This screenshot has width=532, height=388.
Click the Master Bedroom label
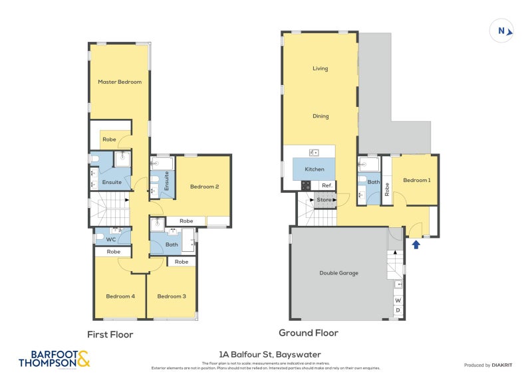click(120, 82)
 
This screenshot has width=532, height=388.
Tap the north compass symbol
click(501, 31)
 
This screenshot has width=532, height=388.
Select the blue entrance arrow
click(416, 244)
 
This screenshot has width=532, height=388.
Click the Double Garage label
click(339, 273)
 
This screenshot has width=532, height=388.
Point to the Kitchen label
click(315, 169)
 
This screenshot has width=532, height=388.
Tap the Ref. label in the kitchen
click(327, 185)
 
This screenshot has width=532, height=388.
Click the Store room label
click(324, 199)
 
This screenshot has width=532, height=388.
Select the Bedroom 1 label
click(416, 180)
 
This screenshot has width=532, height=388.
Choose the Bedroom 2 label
click(204, 187)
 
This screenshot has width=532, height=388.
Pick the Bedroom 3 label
click(172, 296)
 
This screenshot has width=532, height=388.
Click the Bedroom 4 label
click(120, 296)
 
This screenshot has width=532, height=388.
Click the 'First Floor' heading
click(110, 335)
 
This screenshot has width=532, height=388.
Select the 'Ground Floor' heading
click(308, 333)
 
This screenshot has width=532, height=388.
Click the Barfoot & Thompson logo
click(53, 359)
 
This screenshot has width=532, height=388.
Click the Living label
click(321, 68)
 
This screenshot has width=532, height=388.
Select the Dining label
click(321, 116)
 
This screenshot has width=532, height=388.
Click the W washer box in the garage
click(398, 300)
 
